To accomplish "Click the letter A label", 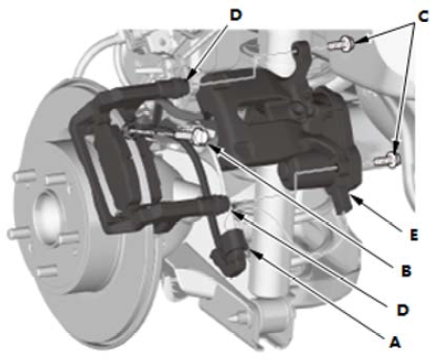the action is [395, 342].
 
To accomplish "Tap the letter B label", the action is [406, 271].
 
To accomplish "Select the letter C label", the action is [423, 16].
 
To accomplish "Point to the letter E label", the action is [414, 236].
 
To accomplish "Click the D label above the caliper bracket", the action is [236, 15].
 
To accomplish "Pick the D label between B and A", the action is [403, 309].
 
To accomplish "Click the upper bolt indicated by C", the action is [341, 43].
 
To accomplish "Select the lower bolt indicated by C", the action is [387, 159].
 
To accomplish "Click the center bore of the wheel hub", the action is [47, 216].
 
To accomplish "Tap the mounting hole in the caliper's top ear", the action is [296, 49].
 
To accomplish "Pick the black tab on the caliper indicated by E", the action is [344, 199].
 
